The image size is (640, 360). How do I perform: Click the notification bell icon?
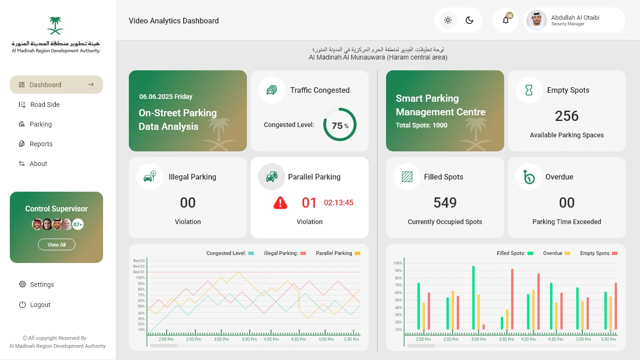pyautogui.click(x=506, y=20)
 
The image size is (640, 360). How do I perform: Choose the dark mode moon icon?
pyautogui.click(x=469, y=20)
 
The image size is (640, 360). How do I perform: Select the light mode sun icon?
pyautogui.click(x=448, y=20)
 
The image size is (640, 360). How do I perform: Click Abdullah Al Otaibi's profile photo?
pyautogui.click(x=536, y=20)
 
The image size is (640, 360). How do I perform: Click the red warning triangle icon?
pyautogui.click(x=280, y=203)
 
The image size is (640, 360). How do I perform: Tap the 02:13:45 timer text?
pyautogui.click(x=339, y=202)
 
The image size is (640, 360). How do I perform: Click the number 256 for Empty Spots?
pyautogui.click(x=566, y=116)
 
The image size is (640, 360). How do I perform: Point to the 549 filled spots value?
pyautogui.click(x=445, y=202)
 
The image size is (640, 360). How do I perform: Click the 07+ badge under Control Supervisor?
pyautogui.click(x=78, y=225)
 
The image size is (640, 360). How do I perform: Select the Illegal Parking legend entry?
pyautogui.click(x=285, y=253)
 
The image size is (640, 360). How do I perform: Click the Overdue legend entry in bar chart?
pyautogui.click(x=557, y=253)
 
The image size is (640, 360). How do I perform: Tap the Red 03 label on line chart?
pyautogui.click(x=139, y=261)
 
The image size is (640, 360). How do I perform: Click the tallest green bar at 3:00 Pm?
pyautogui.click(x=473, y=297)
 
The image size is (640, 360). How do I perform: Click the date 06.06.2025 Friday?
pyautogui.click(x=166, y=97)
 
